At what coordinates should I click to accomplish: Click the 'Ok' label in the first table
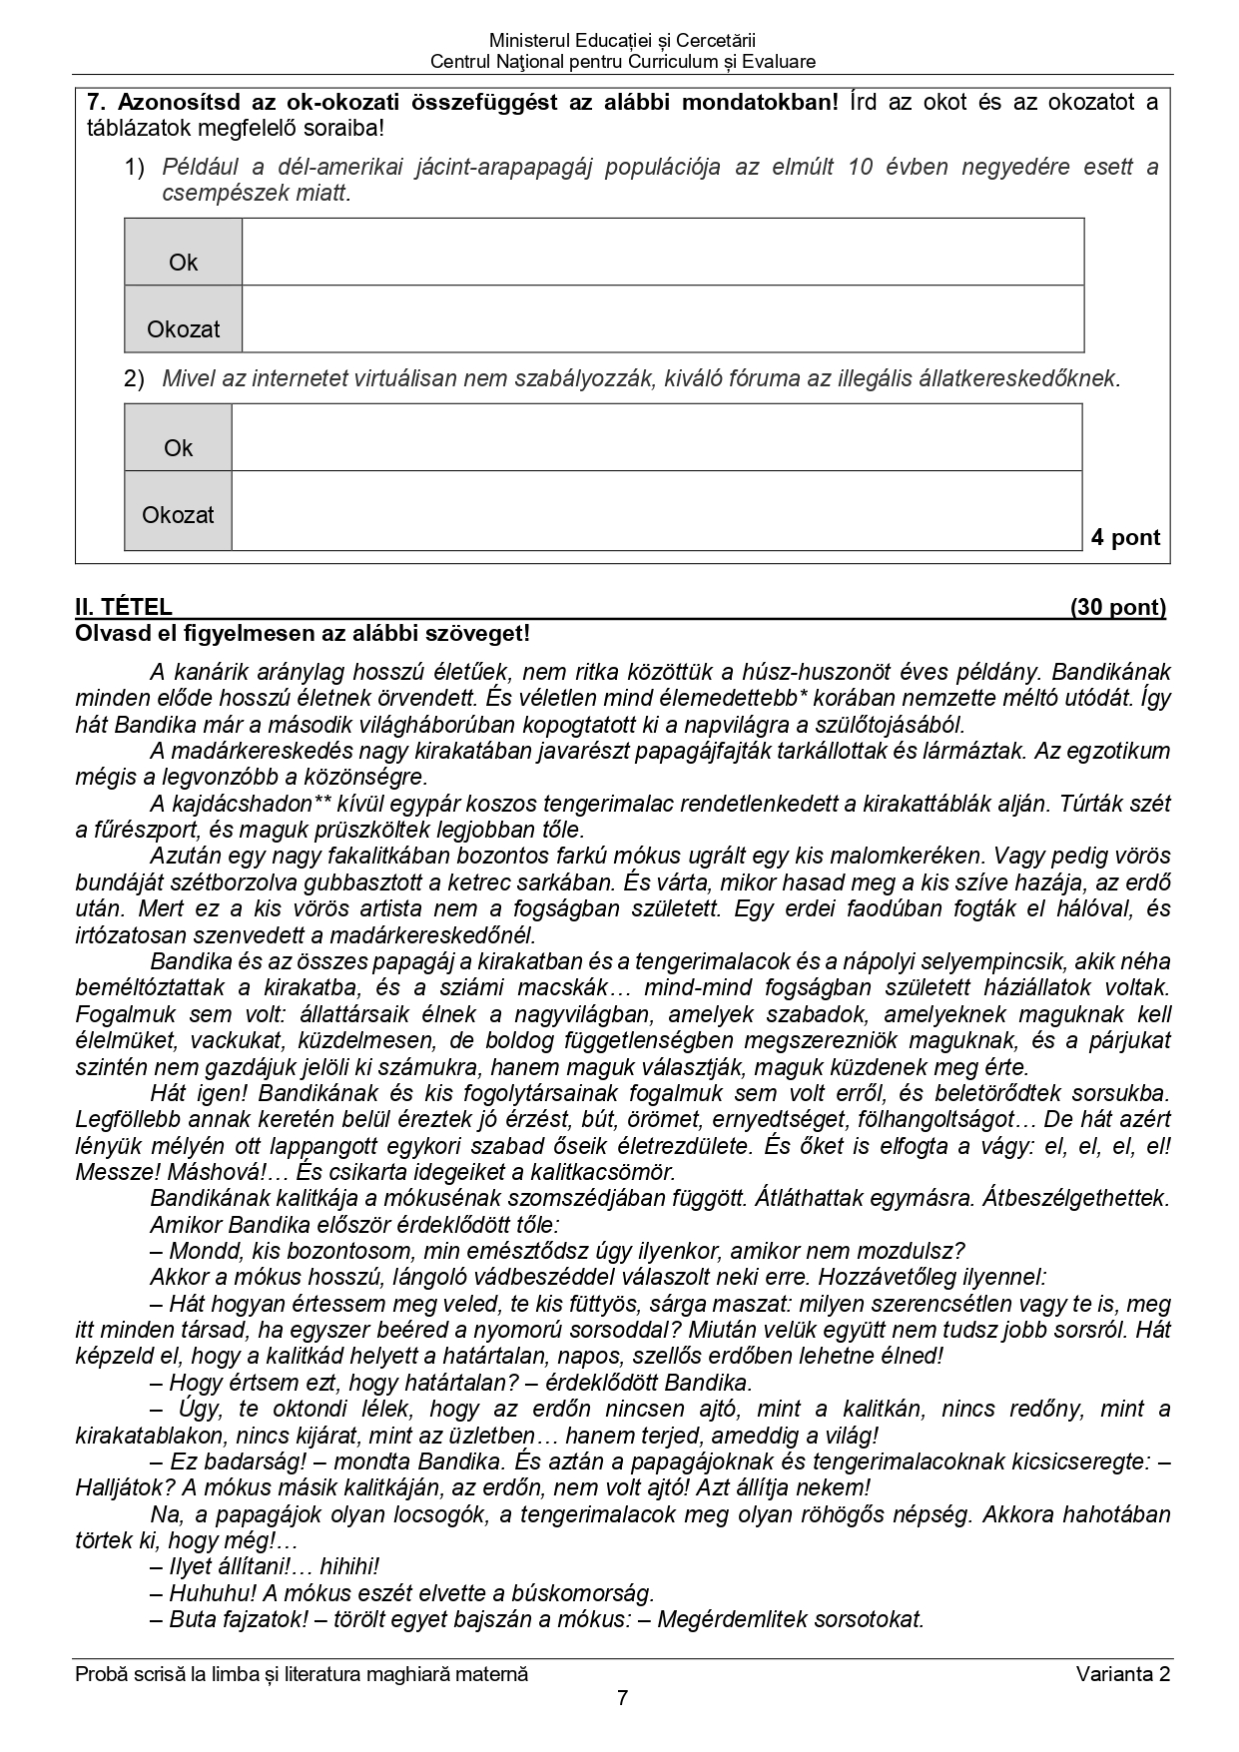click(x=184, y=263)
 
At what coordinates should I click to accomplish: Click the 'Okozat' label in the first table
click(x=183, y=329)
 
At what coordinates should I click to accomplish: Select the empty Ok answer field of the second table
click(x=656, y=437)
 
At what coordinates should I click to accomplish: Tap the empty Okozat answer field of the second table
click(x=656, y=510)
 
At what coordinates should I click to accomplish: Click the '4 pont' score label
click(x=1125, y=538)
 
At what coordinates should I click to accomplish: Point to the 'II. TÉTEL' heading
click(x=124, y=607)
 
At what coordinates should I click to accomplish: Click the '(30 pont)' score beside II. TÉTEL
click(x=1117, y=607)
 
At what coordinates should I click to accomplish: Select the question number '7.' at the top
click(x=97, y=102)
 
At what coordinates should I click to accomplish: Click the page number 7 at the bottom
click(x=622, y=1698)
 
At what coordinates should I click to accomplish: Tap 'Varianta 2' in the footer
click(x=1122, y=1674)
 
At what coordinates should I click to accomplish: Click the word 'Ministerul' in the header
click(x=529, y=41)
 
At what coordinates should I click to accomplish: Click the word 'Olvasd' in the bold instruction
click(x=110, y=634)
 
